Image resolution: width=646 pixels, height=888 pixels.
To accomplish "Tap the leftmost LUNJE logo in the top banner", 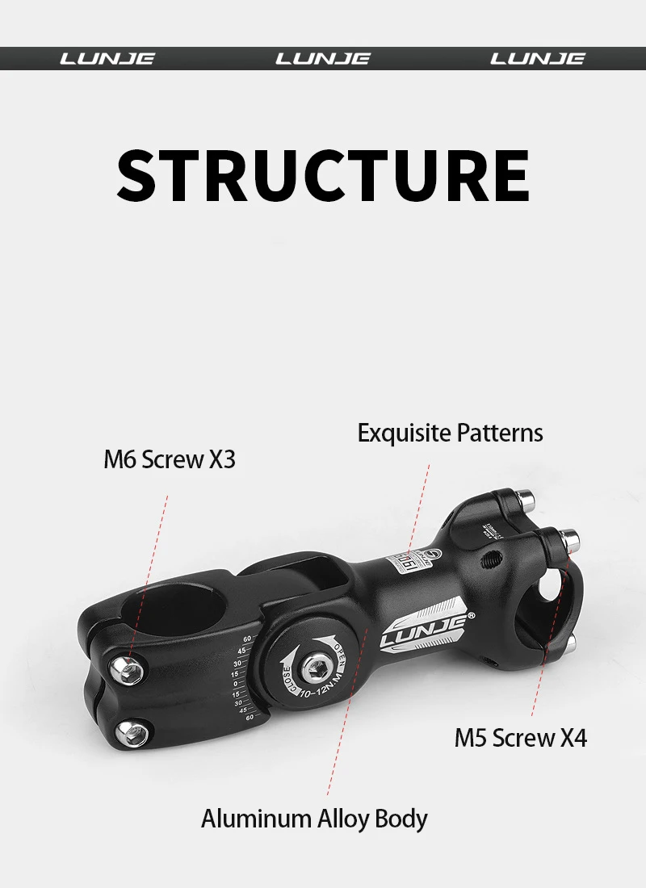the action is point(107,59).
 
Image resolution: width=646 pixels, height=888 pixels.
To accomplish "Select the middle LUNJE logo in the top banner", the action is point(323,59).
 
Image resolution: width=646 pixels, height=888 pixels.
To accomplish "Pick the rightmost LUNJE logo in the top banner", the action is point(538,59).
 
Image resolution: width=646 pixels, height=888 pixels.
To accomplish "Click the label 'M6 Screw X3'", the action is point(170,459).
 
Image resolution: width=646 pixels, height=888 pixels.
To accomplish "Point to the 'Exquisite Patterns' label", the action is point(450,433).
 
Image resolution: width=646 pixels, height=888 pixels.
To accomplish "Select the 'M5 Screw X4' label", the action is point(521,737).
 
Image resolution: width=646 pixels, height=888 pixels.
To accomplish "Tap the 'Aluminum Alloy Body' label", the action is point(314,819).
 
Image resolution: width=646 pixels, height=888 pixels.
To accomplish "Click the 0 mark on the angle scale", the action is point(235,684).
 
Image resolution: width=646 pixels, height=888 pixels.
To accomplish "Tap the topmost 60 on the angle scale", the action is point(246,640).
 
